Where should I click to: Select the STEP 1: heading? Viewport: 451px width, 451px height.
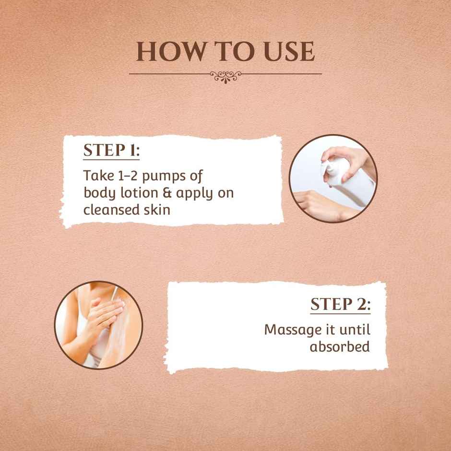click(x=112, y=150)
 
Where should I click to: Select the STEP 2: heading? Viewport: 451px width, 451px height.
click(x=341, y=304)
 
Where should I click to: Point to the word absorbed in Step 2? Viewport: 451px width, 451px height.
click(x=340, y=346)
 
